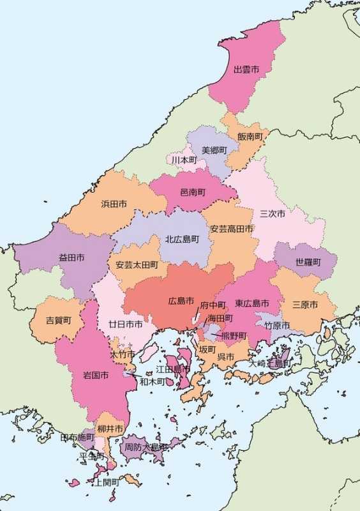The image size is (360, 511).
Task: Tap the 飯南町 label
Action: point(250,136)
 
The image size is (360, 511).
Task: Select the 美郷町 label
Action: point(214,150)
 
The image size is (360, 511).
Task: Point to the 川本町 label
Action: point(184,160)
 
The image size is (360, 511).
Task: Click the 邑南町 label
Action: point(192,192)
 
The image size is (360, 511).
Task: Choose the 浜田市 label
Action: point(114,204)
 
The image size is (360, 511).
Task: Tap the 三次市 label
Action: point(273,213)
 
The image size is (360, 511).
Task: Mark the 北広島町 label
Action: point(183,239)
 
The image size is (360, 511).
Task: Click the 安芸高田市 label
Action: point(232,229)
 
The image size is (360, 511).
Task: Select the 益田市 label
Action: point(71,257)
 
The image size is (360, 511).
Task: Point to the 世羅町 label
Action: point(308,262)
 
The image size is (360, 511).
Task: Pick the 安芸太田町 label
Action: point(137,264)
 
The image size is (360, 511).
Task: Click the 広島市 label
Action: point(181,300)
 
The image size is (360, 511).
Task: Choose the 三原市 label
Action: point(305,305)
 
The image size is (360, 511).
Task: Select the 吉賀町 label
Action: point(58,319)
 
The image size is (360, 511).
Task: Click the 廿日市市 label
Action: point(125,324)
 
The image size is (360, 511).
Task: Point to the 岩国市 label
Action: point(96,375)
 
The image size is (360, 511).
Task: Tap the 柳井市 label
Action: point(110,429)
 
